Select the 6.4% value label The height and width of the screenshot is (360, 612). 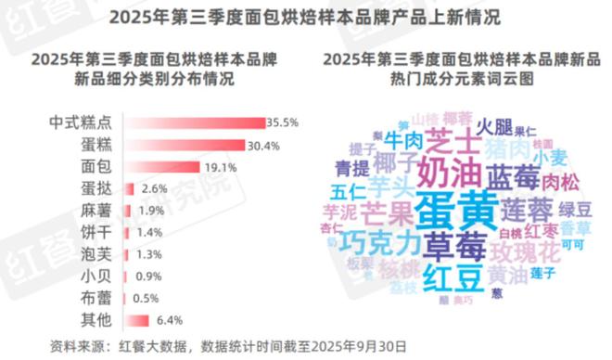click(x=167, y=321)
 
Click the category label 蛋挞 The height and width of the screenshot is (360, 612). click(x=95, y=189)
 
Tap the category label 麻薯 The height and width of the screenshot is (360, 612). click(x=95, y=211)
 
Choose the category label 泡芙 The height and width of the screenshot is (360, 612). click(x=95, y=255)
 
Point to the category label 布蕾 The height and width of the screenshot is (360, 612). click(x=95, y=299)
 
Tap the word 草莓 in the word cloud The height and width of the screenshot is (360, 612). click(x=455, y=245)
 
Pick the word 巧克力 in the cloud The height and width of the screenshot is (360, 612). click(x=382, y=243)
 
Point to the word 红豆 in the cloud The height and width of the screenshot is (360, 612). click(x=451, y=276)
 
